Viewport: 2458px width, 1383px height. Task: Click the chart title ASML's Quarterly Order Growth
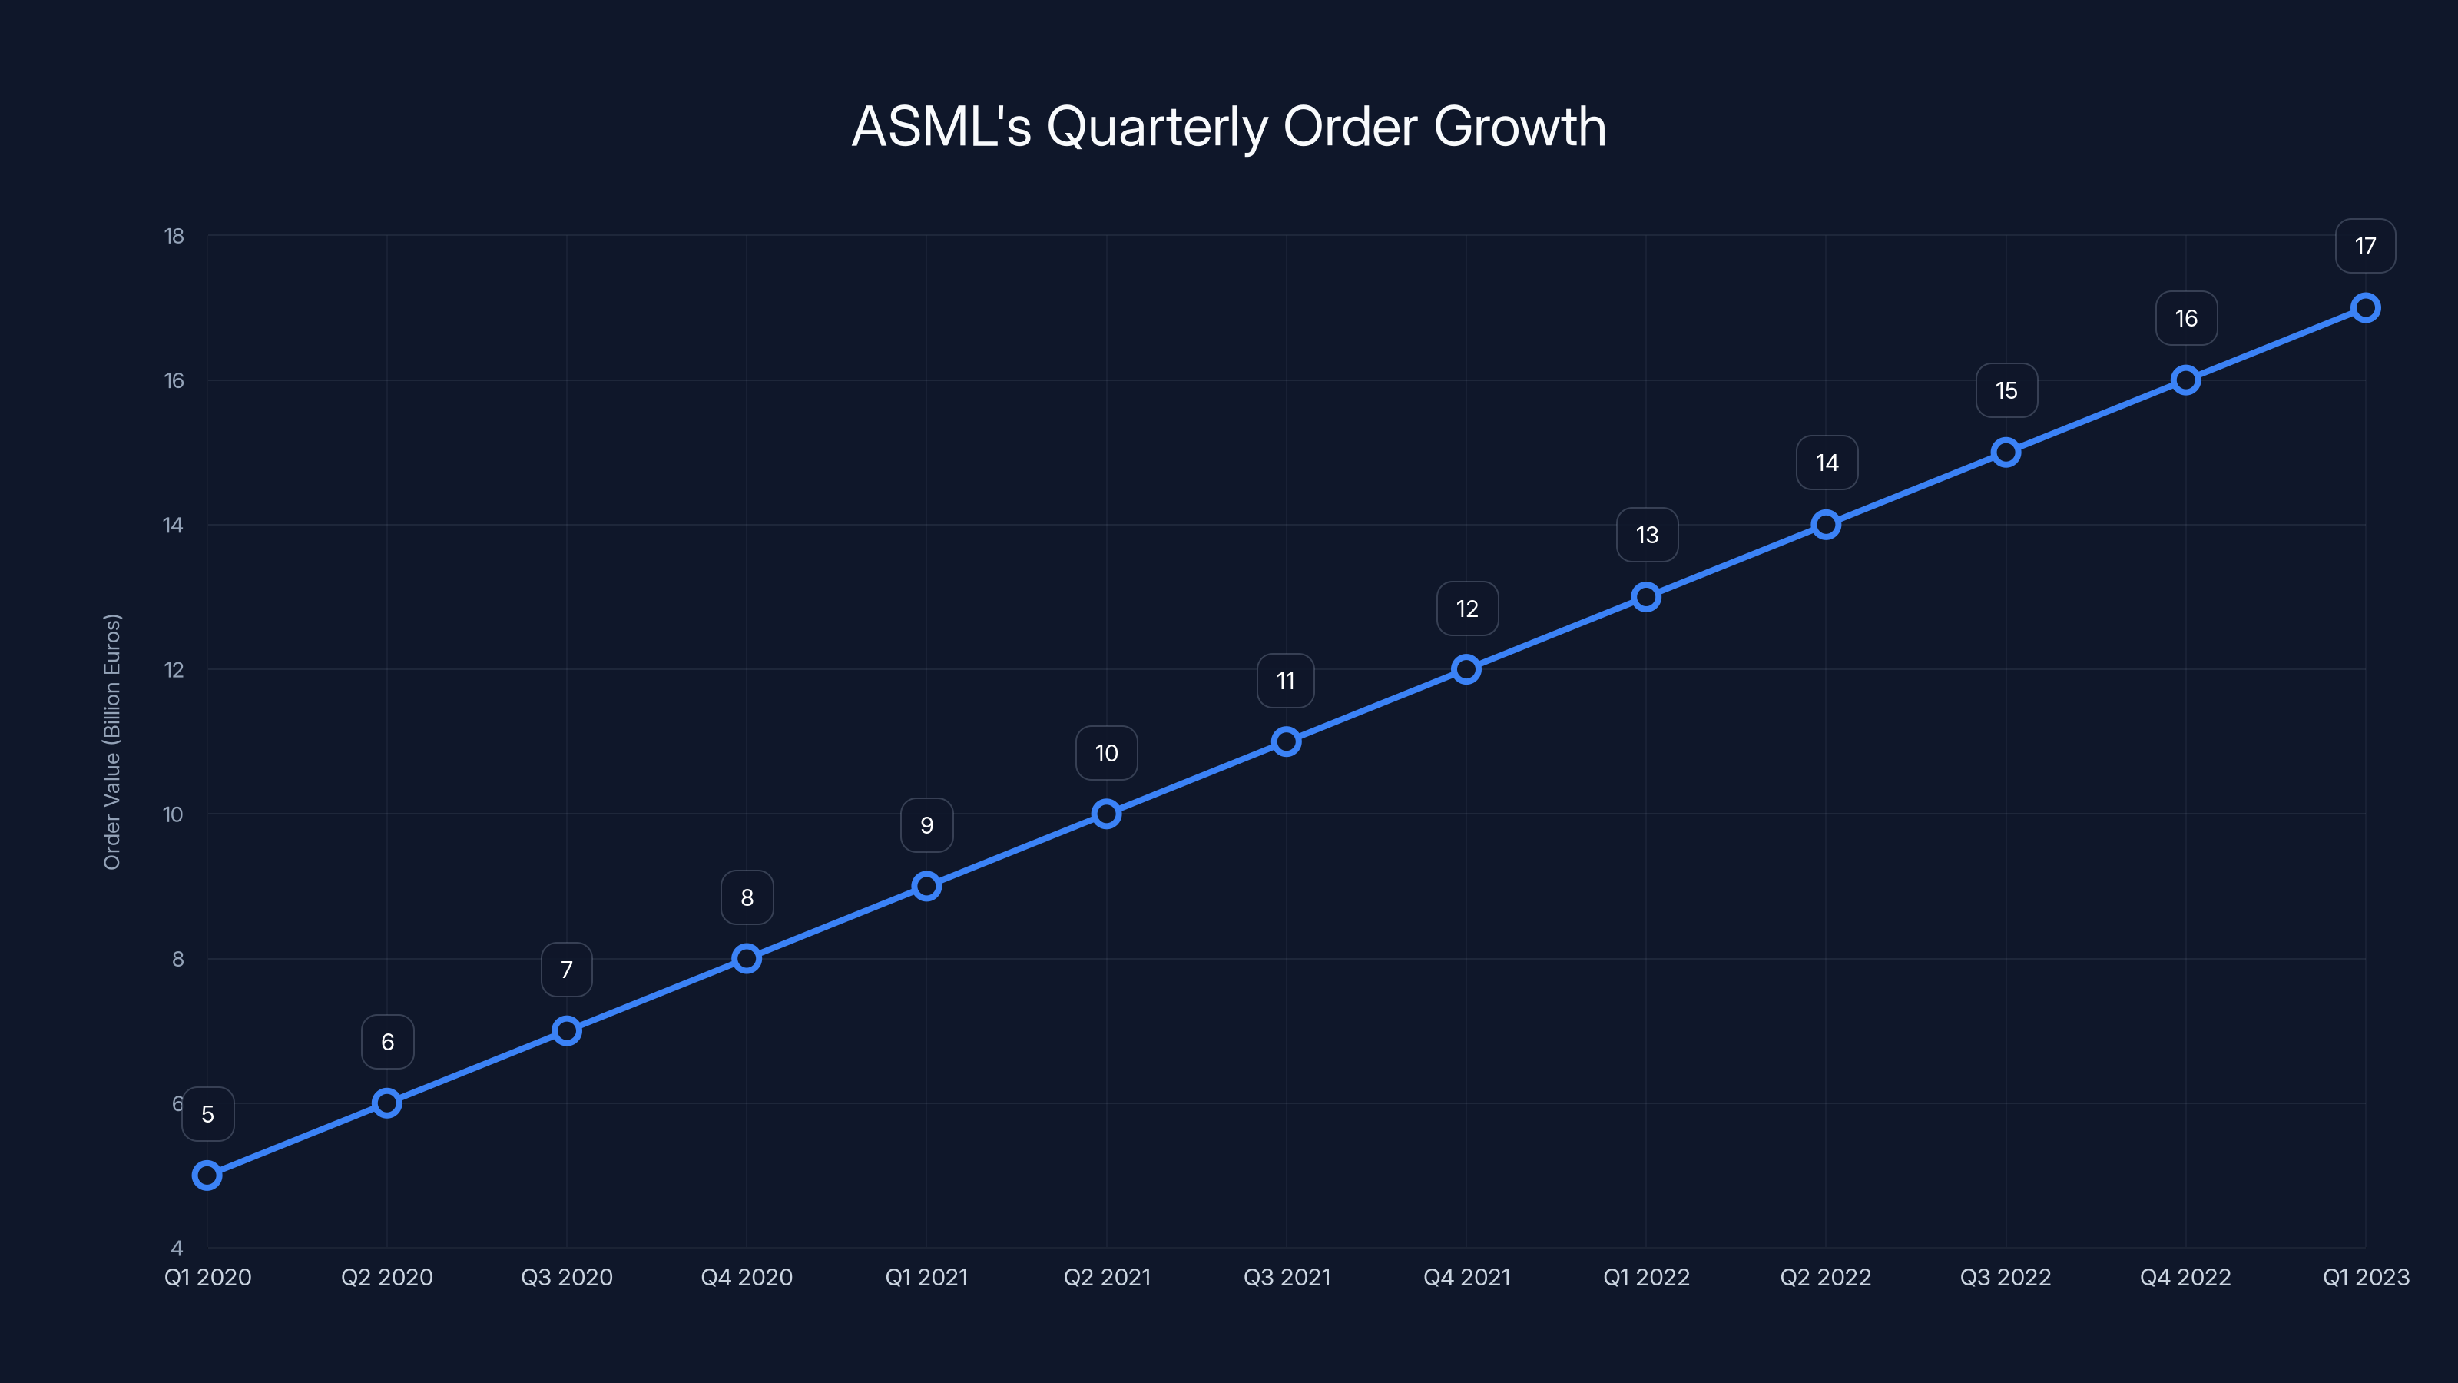click(1228, 127)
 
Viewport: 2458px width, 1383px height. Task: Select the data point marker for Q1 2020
click(207, 1175)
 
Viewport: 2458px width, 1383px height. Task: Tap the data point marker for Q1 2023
click(2364, 307)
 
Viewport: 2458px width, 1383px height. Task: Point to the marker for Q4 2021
click(1466, 669)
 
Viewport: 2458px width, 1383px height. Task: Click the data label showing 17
click(2364, 246)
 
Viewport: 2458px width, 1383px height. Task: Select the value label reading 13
click(1647, 536)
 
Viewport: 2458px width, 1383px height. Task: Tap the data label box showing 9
click(926, 826)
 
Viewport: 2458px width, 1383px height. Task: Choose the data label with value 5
click(208, 1114)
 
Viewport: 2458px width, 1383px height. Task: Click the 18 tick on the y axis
click(174, 236)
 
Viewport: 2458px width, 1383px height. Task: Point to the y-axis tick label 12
click(174, 670)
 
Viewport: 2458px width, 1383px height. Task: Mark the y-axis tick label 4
click(177, 1248)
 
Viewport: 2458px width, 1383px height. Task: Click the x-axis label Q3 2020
click(567, 1277)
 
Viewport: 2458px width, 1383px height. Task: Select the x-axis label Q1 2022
click(1646, 1277)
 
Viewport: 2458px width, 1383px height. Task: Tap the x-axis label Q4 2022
click(2185, 1277)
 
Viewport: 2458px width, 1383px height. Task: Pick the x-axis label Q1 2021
click(926, 1277)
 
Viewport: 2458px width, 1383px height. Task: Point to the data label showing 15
click(2006, 390)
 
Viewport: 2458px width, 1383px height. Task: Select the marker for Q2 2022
click(1825, 525)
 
